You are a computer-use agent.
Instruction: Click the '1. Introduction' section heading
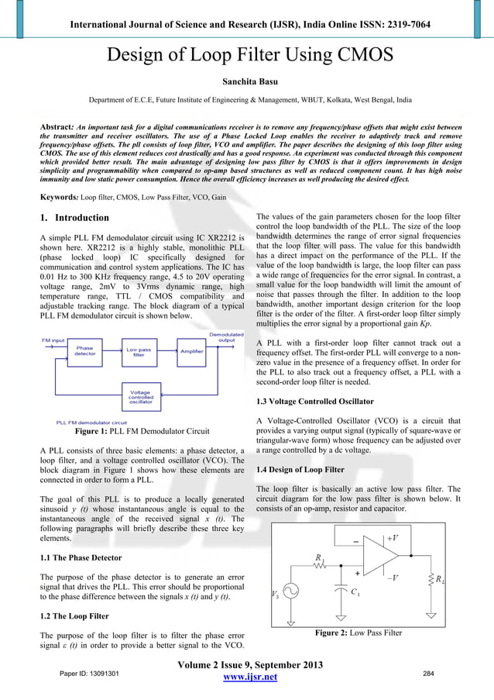click(x=74, y=218)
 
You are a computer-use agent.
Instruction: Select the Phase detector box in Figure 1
click(x=85, y=352)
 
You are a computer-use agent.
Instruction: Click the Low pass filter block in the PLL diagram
click(x=139, y=352)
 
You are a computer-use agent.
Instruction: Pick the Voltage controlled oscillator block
click(x=140, y=397)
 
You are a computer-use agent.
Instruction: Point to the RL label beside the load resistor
click(x=440, y=579)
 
